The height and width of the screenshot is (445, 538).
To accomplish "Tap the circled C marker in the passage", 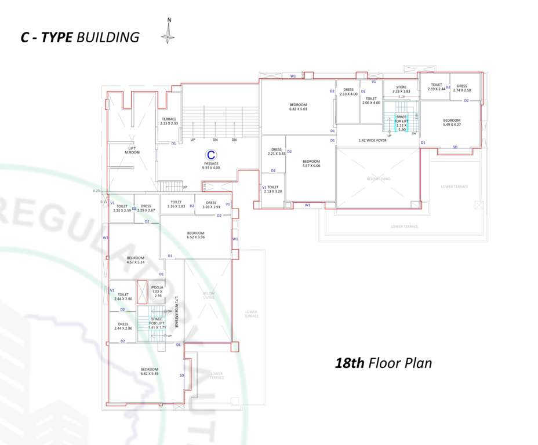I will [212, 155].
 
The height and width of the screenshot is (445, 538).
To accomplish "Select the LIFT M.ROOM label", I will [132, 150].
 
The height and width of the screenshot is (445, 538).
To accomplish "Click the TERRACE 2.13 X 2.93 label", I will [169, 121].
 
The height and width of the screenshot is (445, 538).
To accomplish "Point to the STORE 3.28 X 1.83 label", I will [401, 89].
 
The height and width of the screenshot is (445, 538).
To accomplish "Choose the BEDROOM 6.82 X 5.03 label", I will [298, 106].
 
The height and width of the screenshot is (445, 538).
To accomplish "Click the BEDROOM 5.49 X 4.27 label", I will [452, 122].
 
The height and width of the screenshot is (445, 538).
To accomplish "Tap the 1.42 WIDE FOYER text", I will [372, 140].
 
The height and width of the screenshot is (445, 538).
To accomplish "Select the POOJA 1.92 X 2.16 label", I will [158, 291].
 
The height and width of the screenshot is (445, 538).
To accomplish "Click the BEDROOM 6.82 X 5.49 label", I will [150, 371].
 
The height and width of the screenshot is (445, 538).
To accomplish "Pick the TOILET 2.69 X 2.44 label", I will [436, 87].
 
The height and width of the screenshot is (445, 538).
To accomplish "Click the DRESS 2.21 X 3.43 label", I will [276, 151].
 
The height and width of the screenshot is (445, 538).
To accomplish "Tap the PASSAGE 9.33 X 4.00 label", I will [211, 166].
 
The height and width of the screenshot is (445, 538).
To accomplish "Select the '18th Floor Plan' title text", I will [384, 363].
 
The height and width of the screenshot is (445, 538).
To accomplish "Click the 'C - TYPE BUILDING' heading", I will [79, 37].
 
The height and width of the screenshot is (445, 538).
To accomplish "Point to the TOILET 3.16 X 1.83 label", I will [176, 205].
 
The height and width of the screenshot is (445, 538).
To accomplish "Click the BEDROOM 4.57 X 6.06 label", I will [311, 163].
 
